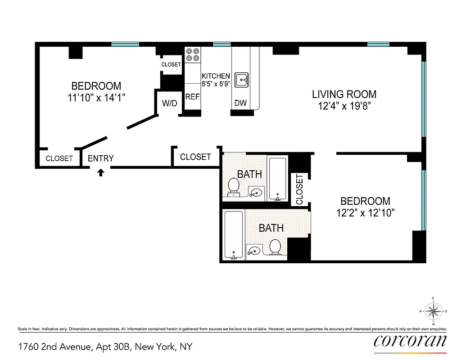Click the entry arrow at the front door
(101, 172)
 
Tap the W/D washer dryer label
(170, 103)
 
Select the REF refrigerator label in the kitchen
(192, 97)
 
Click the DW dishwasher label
(240, 103)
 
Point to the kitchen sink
(242, 80)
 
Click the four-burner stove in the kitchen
(193, 54)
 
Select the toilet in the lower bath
(275, 247)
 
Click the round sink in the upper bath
(256, 193)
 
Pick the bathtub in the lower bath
(233, 235)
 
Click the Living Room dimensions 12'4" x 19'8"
(344, 106)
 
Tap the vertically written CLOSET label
(300, 189)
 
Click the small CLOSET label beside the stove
(171, 65)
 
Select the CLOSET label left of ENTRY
(59, 158)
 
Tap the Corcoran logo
(410, 341)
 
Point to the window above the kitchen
(222, 45)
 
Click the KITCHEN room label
(216, 76)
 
